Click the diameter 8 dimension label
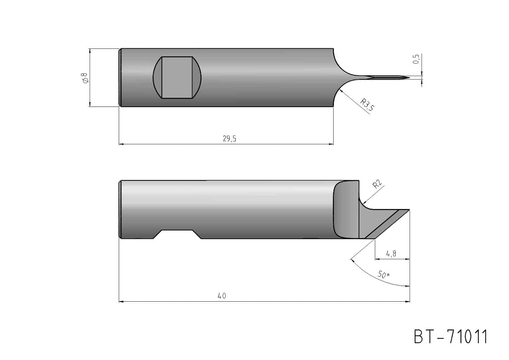(x=85, y=78)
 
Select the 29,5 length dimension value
(x=229, y=138)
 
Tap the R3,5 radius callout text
(x=367, y=105)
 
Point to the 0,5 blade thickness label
(x=416, y=59)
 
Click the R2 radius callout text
(x=377, y=184)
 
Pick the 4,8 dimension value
(x=391, y=254)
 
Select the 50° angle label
(x=384, y=275)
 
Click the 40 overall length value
(x=222, y=296)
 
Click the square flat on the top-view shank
(x=177, y=77)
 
